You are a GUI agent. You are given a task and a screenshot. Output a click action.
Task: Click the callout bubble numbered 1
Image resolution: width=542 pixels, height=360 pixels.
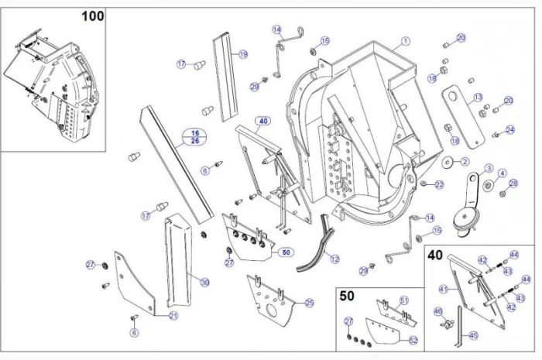coord(406,40)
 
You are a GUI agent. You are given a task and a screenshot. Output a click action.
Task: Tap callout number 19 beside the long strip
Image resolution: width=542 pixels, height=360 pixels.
coord(243,54)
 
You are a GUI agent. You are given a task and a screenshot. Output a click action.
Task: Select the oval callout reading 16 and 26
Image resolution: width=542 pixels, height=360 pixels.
coord(195,137)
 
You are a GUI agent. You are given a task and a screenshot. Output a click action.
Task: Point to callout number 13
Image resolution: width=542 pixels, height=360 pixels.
coord(478,97)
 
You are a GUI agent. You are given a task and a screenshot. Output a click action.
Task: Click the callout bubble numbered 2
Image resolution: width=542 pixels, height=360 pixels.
coord(465,161)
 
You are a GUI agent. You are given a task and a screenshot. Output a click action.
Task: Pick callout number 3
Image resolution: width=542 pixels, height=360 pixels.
coord(489,168)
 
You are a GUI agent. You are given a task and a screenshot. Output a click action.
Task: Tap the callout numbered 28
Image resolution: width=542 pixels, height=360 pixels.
coord(513,183)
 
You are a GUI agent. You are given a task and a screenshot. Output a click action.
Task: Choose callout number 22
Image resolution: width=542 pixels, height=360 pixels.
coord(439,184)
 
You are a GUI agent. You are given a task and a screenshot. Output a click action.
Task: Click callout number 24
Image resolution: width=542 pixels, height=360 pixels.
coord(509,129)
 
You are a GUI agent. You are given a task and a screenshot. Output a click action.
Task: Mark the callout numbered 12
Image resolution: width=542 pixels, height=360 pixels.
coord(334,259)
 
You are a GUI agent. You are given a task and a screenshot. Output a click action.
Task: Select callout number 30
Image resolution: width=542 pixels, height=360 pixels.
coord(204,283)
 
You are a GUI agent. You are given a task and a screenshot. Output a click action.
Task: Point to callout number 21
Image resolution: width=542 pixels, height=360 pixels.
coord(173,316)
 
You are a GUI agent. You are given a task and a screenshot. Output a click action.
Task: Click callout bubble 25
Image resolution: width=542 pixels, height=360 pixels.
coord(310,303)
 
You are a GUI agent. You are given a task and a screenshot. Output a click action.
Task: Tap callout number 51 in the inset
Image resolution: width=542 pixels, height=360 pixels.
coord(403,300)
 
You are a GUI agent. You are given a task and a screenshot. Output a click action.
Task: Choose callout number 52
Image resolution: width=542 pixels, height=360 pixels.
coord(413,340)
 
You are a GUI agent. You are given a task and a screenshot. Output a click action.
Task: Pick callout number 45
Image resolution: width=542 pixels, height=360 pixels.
coord(474,335)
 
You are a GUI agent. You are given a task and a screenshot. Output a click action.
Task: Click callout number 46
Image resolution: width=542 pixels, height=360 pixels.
coord(438,311)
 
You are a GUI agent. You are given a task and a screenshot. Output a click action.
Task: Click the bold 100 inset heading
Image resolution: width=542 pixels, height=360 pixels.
coord(92,15)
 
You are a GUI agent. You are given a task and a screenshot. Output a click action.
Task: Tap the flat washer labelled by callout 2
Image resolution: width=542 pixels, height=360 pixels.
coord(448,162)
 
